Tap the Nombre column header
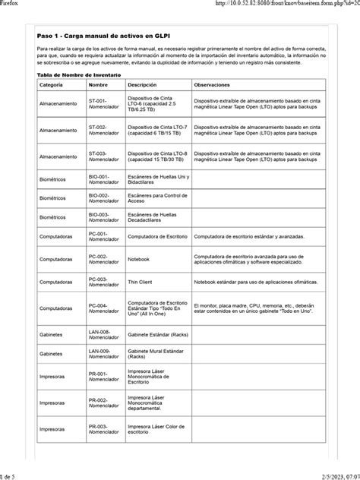[x=99, y=85]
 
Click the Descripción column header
[x=143, y=85]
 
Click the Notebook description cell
[x=139, y=259]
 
